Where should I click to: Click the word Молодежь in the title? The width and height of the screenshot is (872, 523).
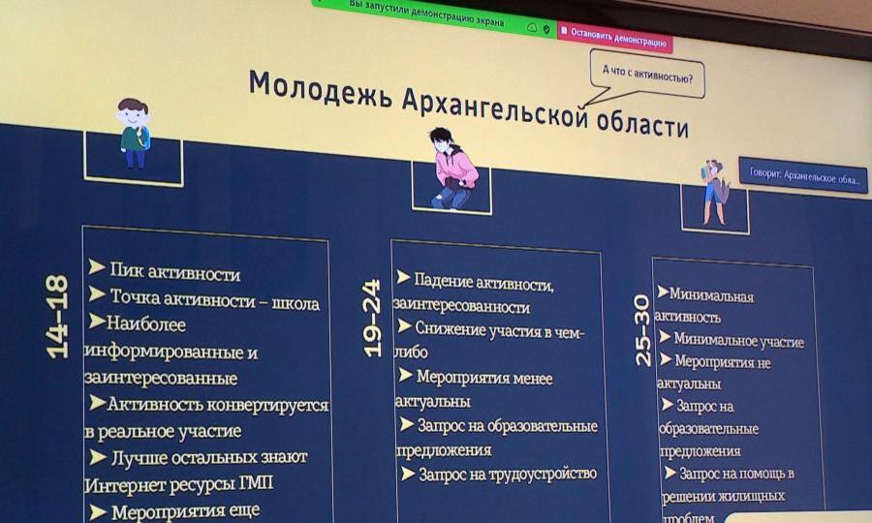320,89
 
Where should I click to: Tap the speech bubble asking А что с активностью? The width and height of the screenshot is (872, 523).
647,75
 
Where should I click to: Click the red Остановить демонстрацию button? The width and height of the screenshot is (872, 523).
614,37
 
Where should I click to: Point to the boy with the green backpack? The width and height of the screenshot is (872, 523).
134,133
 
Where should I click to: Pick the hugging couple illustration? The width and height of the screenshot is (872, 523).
714,192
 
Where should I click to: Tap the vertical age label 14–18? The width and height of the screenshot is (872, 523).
57,317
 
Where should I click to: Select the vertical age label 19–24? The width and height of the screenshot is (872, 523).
371,318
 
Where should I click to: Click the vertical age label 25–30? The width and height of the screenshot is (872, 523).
641,330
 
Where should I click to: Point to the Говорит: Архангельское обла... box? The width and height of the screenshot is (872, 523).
803,175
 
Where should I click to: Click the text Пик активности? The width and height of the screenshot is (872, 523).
174,272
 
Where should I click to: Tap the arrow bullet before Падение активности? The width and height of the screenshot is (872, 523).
404,277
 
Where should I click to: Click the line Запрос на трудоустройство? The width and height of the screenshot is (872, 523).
507,474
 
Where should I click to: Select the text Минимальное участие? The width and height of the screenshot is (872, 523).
738,340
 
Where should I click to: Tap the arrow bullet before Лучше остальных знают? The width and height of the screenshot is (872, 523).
98,457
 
